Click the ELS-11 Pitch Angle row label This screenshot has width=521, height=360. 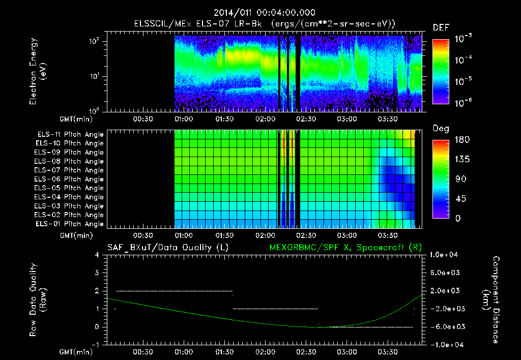[70, 135]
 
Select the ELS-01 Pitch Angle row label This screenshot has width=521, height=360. [69, 224]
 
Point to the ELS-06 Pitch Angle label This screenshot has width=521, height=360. [69, 179]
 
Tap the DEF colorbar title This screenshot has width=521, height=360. [441, 27]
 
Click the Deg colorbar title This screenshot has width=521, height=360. [441, 129]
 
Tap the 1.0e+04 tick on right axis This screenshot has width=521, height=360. [445, 255]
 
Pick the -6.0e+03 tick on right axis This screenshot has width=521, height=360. [445, 326]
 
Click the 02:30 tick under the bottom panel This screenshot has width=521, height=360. [305, 351]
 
